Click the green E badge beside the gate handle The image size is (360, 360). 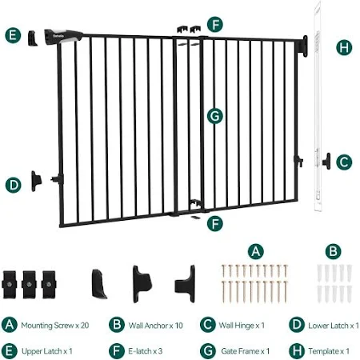click(13, 35)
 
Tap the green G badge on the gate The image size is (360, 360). click(215, 116)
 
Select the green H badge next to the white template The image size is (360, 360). click(344, 47)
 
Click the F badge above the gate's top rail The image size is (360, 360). click(215, 24)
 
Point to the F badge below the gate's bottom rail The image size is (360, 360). click(215, 223)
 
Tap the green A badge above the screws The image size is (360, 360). click(256, 251)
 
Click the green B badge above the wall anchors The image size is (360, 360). click(334, 251)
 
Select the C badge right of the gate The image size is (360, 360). click(344, 162)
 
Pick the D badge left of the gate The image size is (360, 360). click(14, 185)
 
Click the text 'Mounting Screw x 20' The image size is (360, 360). click(55, 326)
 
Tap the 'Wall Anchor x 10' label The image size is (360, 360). click(155, 326)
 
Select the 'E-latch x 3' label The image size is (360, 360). click(145, 351)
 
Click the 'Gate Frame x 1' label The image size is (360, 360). click(245, 351)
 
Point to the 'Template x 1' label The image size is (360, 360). click(329, 351)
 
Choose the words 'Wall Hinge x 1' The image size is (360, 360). click(242, 326)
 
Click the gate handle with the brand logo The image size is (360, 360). click(63, 37)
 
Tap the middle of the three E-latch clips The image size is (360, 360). click(29, 285)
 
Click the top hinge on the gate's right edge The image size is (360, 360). click(305, 46)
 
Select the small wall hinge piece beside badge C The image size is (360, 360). click(326, 161)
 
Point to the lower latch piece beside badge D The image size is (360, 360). click(36, 181)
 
